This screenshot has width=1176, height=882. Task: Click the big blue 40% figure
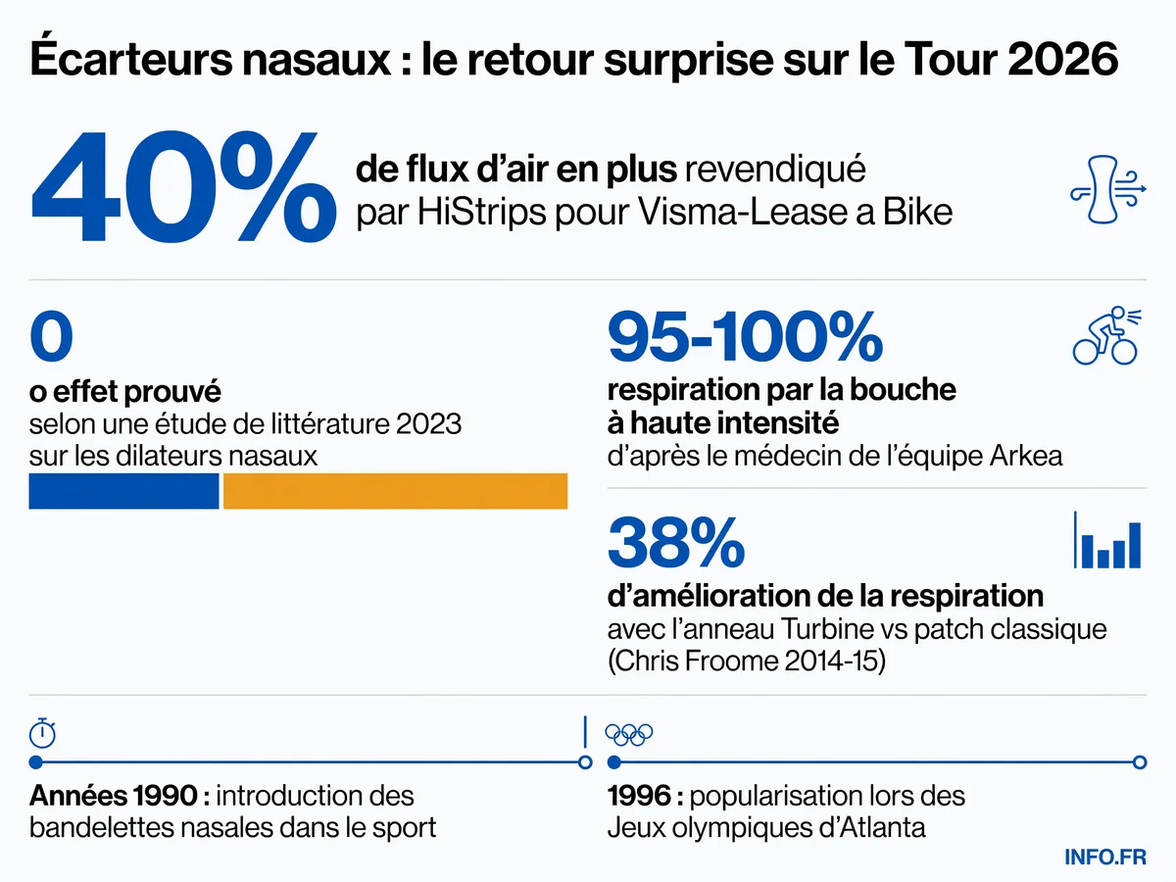pos(184,187)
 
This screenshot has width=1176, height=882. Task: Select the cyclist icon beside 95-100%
pos(1106,336)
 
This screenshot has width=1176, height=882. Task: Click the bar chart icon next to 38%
pos(1107,540)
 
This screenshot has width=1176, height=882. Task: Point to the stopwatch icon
pos(42,733)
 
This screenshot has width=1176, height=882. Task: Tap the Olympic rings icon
pos(629,735)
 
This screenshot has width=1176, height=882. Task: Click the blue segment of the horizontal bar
pos(123,491)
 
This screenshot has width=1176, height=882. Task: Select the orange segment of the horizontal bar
pos(395,491)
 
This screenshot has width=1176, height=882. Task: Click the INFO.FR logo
pos(1105,857)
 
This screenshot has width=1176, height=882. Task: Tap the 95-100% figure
pos(745,337)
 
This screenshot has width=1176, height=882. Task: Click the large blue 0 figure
pos(51,336)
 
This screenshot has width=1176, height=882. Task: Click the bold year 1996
pos(639,796)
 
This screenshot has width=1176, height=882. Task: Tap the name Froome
pos(732,661)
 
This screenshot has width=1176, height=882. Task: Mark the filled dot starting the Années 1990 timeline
pos(36,762)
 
